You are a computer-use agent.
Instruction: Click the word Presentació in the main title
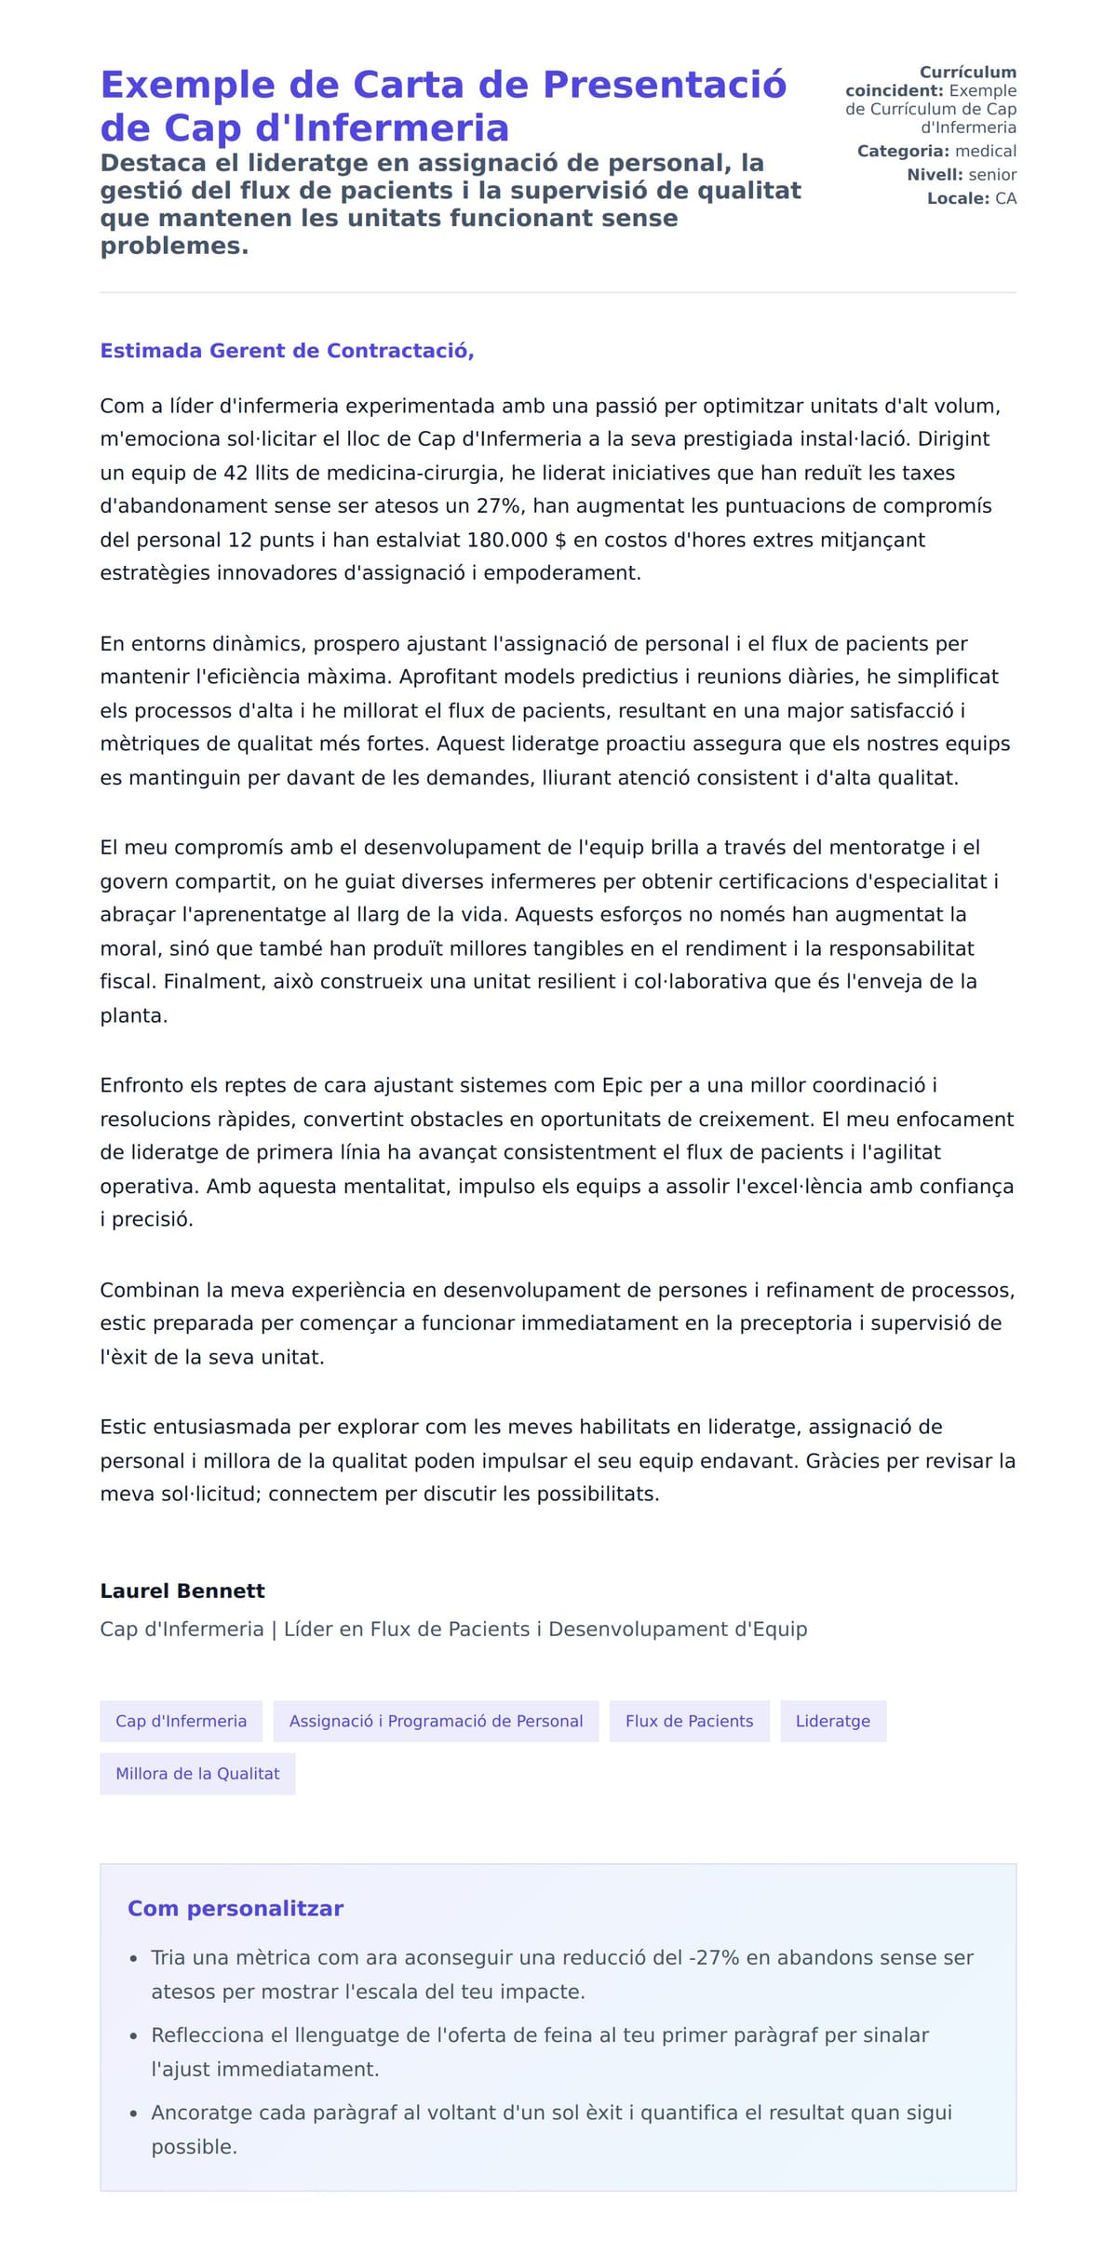pyautogui.click(x=665, y=85)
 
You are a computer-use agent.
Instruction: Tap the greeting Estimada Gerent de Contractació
pyautogui.click(x=287, y=351)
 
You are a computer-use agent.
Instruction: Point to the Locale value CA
pyautogui.click(x=1005, y=198)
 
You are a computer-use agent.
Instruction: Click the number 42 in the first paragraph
pyautogui.click(x=235, y=473)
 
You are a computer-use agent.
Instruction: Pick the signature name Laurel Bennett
pyautogui.click(x=182, y=1591)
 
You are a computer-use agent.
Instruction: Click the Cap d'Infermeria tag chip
pyautogui.click(x=181, y=1721)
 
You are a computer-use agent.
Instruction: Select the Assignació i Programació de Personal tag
pyautogui.click(x=436, y=1721)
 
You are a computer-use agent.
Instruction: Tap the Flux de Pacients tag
pyautogui.click(x=689, y=1721)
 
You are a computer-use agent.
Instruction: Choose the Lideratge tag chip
pyautogui.click(x=832, y=1721)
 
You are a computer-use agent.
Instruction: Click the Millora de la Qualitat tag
pyautogui.click(x=197, y=1774)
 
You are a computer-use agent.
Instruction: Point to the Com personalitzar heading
pyautogui.click(x=236, y=1909)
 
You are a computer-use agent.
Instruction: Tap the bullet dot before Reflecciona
pyautogui.click(x=134, y=2036)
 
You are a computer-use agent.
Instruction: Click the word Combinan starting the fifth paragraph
pyautogui.click(x=150, y=1290)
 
